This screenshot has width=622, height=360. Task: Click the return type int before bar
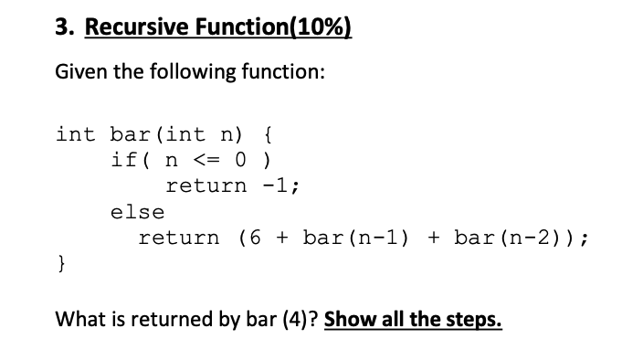click(75, 134)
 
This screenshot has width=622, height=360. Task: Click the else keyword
click(137, 213)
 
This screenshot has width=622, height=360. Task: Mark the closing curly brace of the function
click(61, 265)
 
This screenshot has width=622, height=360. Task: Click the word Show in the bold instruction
click(348, 321)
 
